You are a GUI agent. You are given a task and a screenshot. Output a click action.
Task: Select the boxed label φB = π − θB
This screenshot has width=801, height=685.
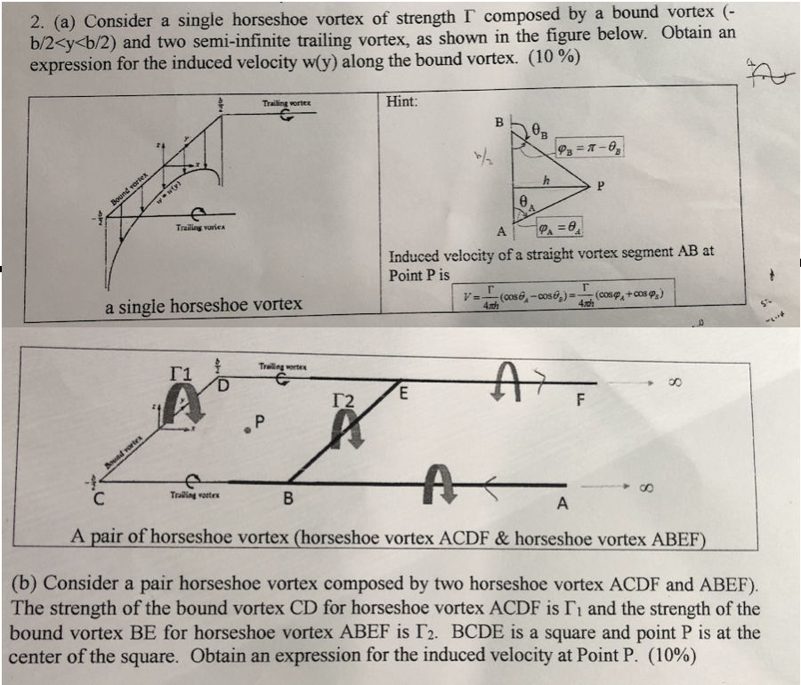(591, 145)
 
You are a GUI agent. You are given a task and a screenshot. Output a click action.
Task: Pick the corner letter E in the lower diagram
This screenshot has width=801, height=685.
(405, 391)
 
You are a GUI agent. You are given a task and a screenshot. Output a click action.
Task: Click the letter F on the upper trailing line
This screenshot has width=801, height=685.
(581, 399)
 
